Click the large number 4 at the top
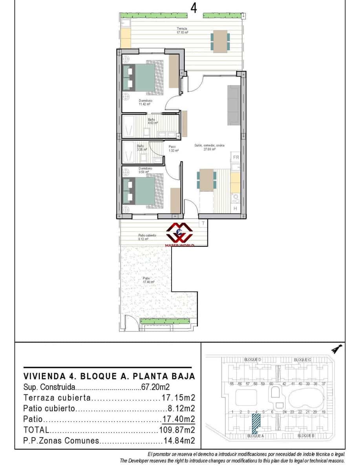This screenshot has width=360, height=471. pos(194,7)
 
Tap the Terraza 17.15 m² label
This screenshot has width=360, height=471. pos(182,31)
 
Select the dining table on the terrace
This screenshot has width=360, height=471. pos(220,41)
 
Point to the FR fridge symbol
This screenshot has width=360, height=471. pos(236,157)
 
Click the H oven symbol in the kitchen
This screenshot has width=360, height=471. pos(236,208)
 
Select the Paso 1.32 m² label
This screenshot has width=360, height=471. pos(173,148)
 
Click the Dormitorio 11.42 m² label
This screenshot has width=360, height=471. pos(145,102)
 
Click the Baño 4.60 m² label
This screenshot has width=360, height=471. pos(152,121)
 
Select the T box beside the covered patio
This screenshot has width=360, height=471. pos(203,223)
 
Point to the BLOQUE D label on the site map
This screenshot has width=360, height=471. pos(252,360)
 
